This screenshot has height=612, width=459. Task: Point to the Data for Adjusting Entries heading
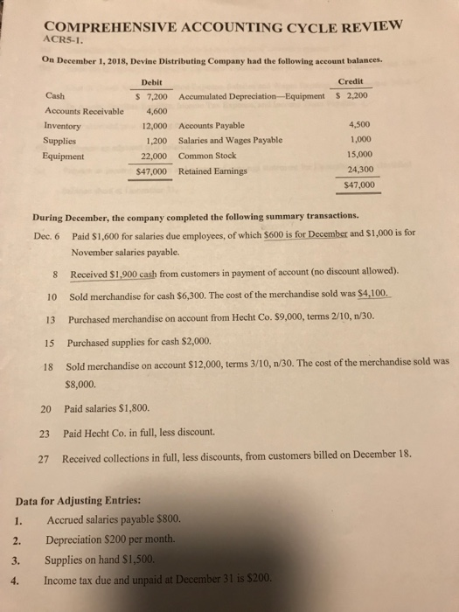79,501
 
